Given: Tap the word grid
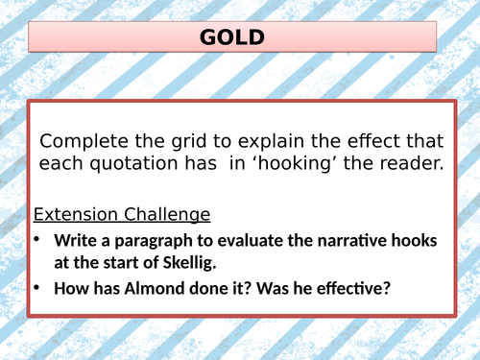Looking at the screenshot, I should pos(188,140).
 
